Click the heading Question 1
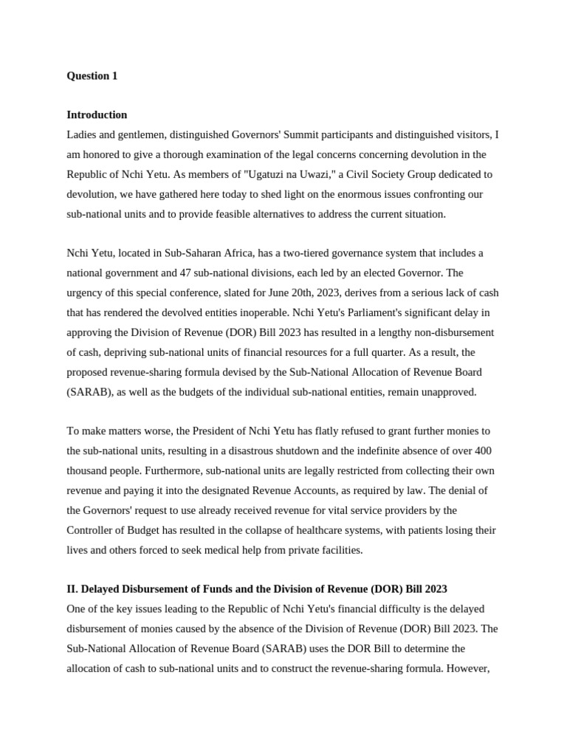tap(92, 76)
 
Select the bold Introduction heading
tap(97, 115)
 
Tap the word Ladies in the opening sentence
tap(82, 135)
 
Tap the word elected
tap(383, 273)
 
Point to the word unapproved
tap(447, 392)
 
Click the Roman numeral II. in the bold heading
tap(72, 589)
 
